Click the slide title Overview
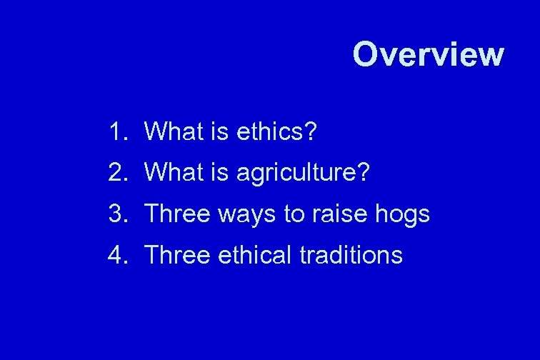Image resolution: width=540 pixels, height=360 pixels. click(428, 54)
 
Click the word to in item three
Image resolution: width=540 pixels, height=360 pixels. click(294, 214)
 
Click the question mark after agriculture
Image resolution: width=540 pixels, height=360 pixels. click(364, 172)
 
